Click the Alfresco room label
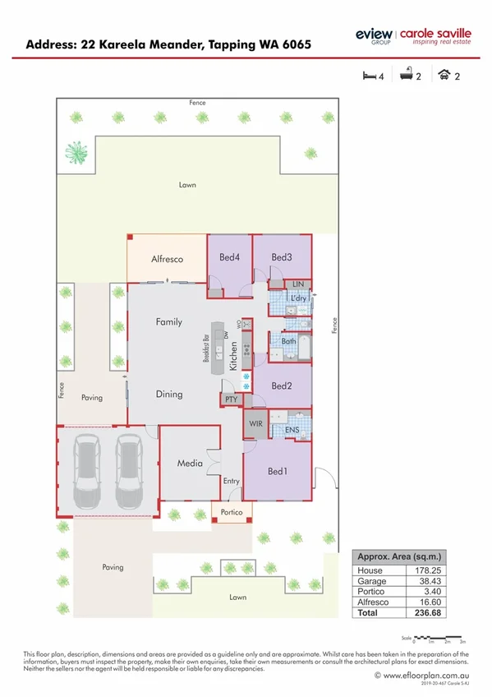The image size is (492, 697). [x=167, y=259]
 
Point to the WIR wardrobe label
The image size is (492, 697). [x=255, y=425]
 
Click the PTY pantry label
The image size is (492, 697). [x=230, y=399]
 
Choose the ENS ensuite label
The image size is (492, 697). [x=292, y=429]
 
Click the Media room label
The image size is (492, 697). [x=190, y=464]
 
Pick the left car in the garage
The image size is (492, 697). [x=87, y=472]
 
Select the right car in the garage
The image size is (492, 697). [x=129, y=472]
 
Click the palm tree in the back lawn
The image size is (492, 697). [x=76, y=151]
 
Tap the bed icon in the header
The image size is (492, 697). [x=370, y=76]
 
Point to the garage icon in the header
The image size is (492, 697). [x=444, y=76]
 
